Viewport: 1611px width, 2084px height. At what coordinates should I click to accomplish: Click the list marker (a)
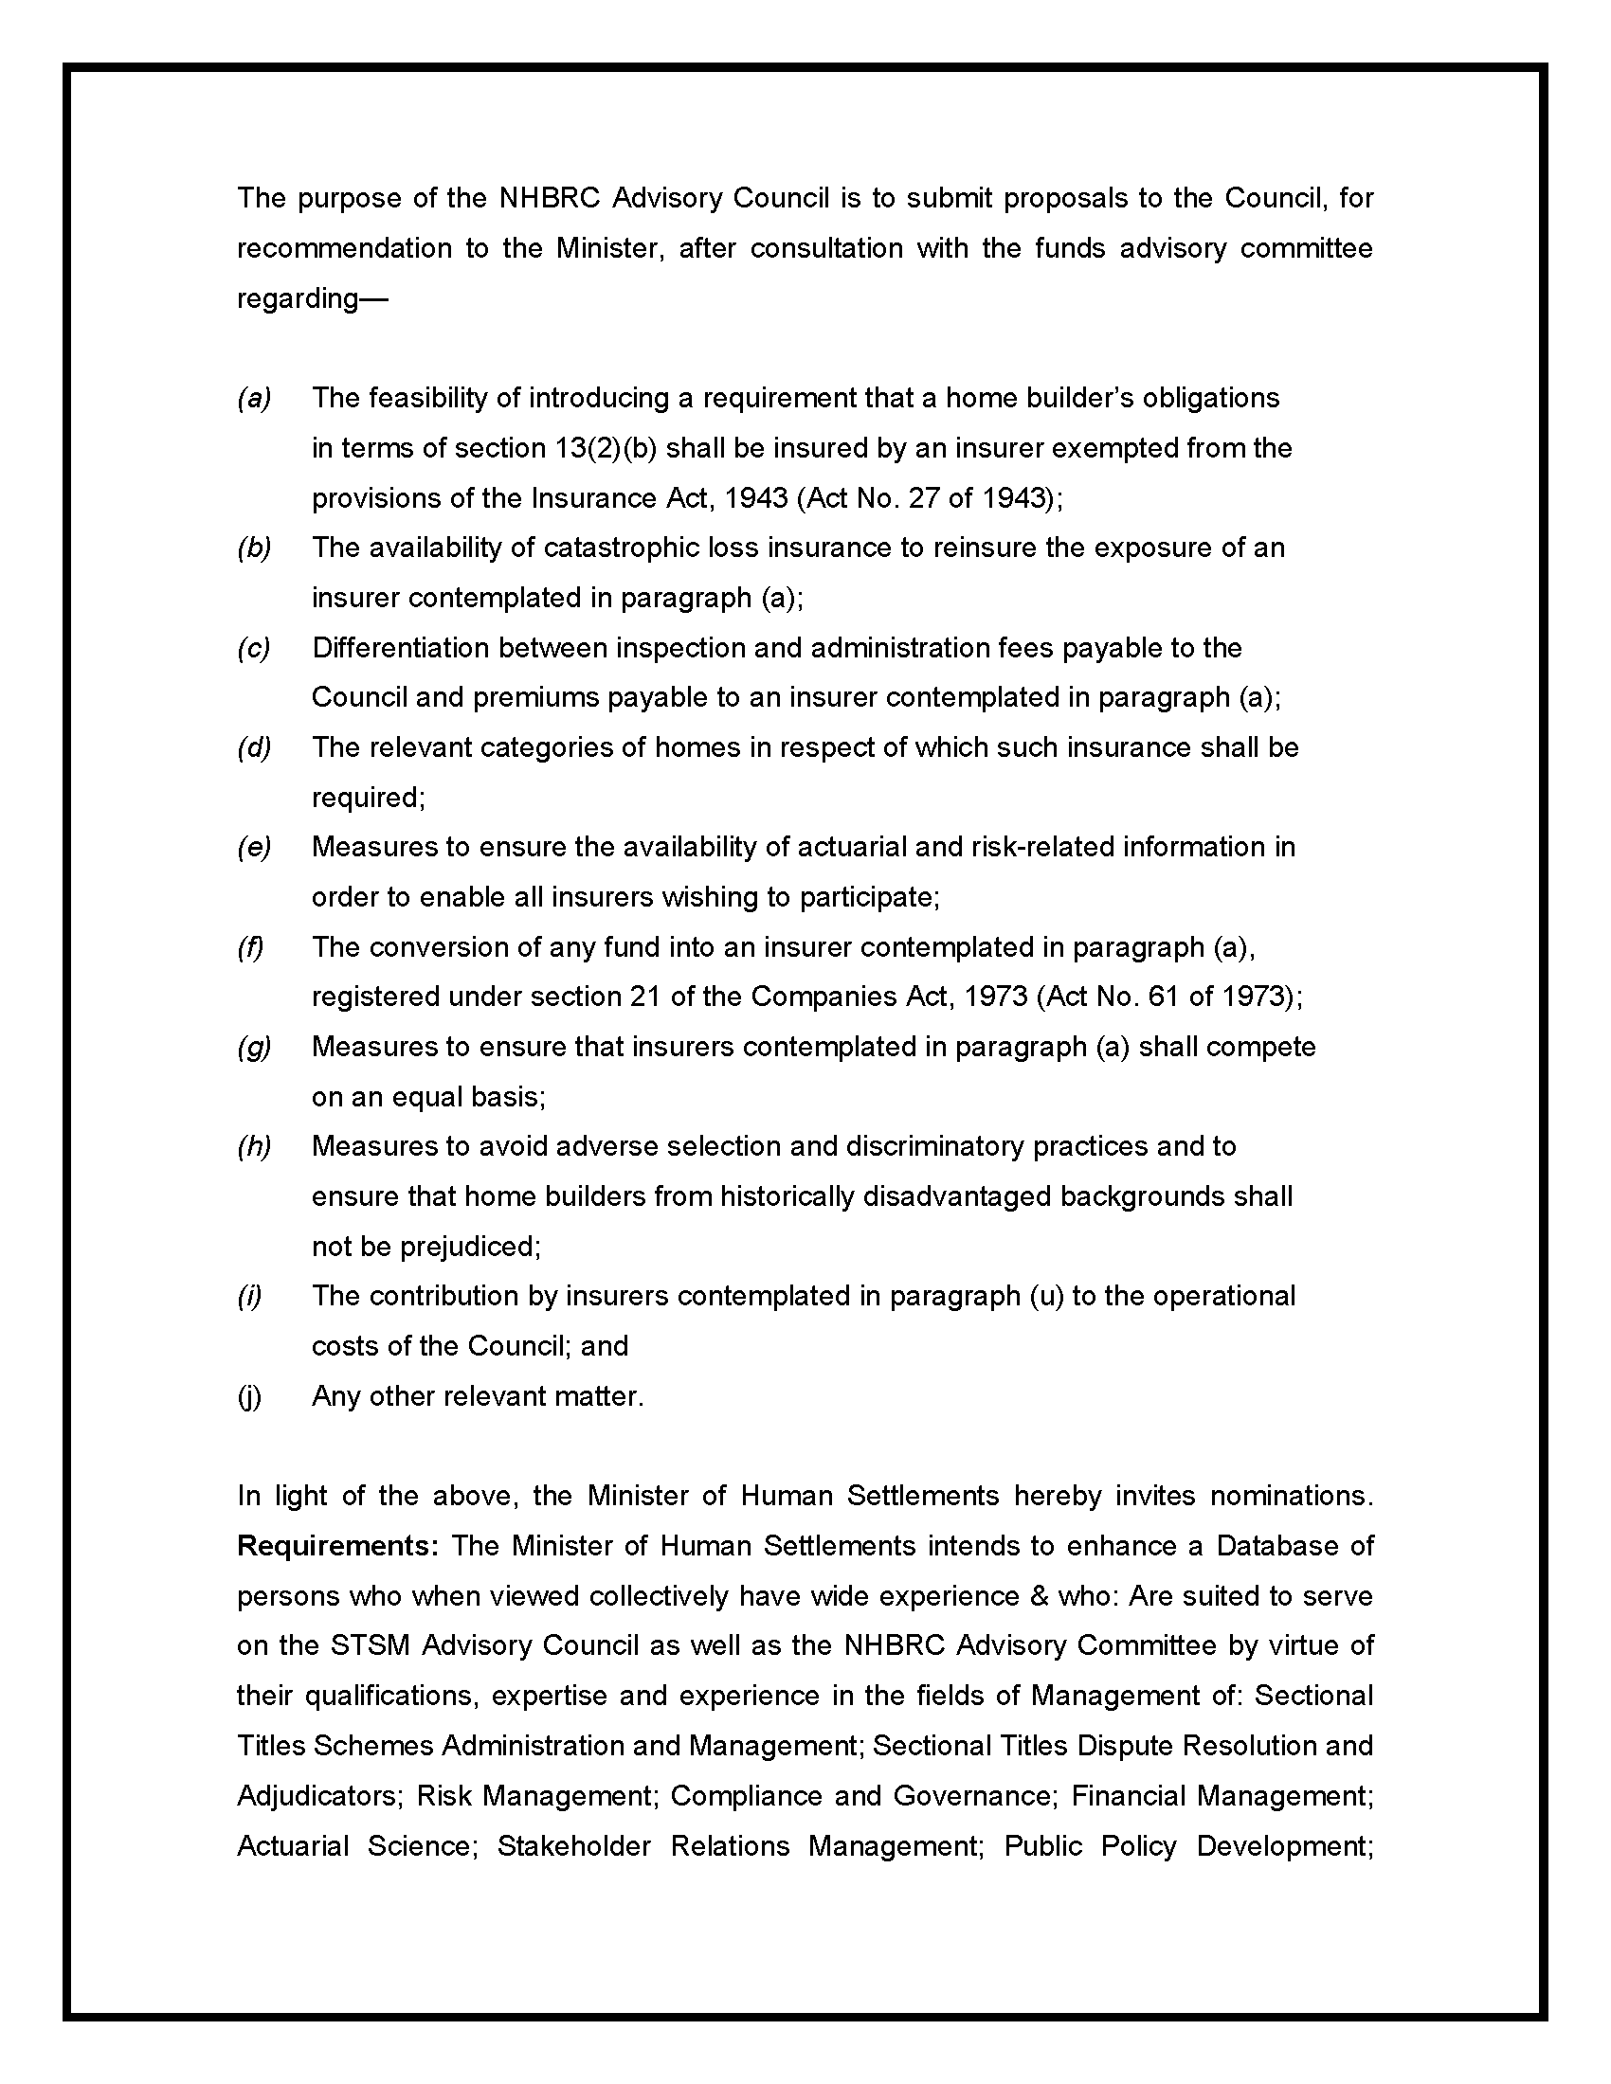point(254,398)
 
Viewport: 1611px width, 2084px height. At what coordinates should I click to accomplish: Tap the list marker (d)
point(254,747)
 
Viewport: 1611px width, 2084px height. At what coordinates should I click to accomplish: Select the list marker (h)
point(254,1146)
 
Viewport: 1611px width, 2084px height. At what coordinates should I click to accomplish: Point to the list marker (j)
point(249,1396)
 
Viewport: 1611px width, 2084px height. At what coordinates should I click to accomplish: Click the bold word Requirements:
point(338,1545)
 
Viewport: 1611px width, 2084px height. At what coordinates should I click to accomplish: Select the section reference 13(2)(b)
point(606,447)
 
